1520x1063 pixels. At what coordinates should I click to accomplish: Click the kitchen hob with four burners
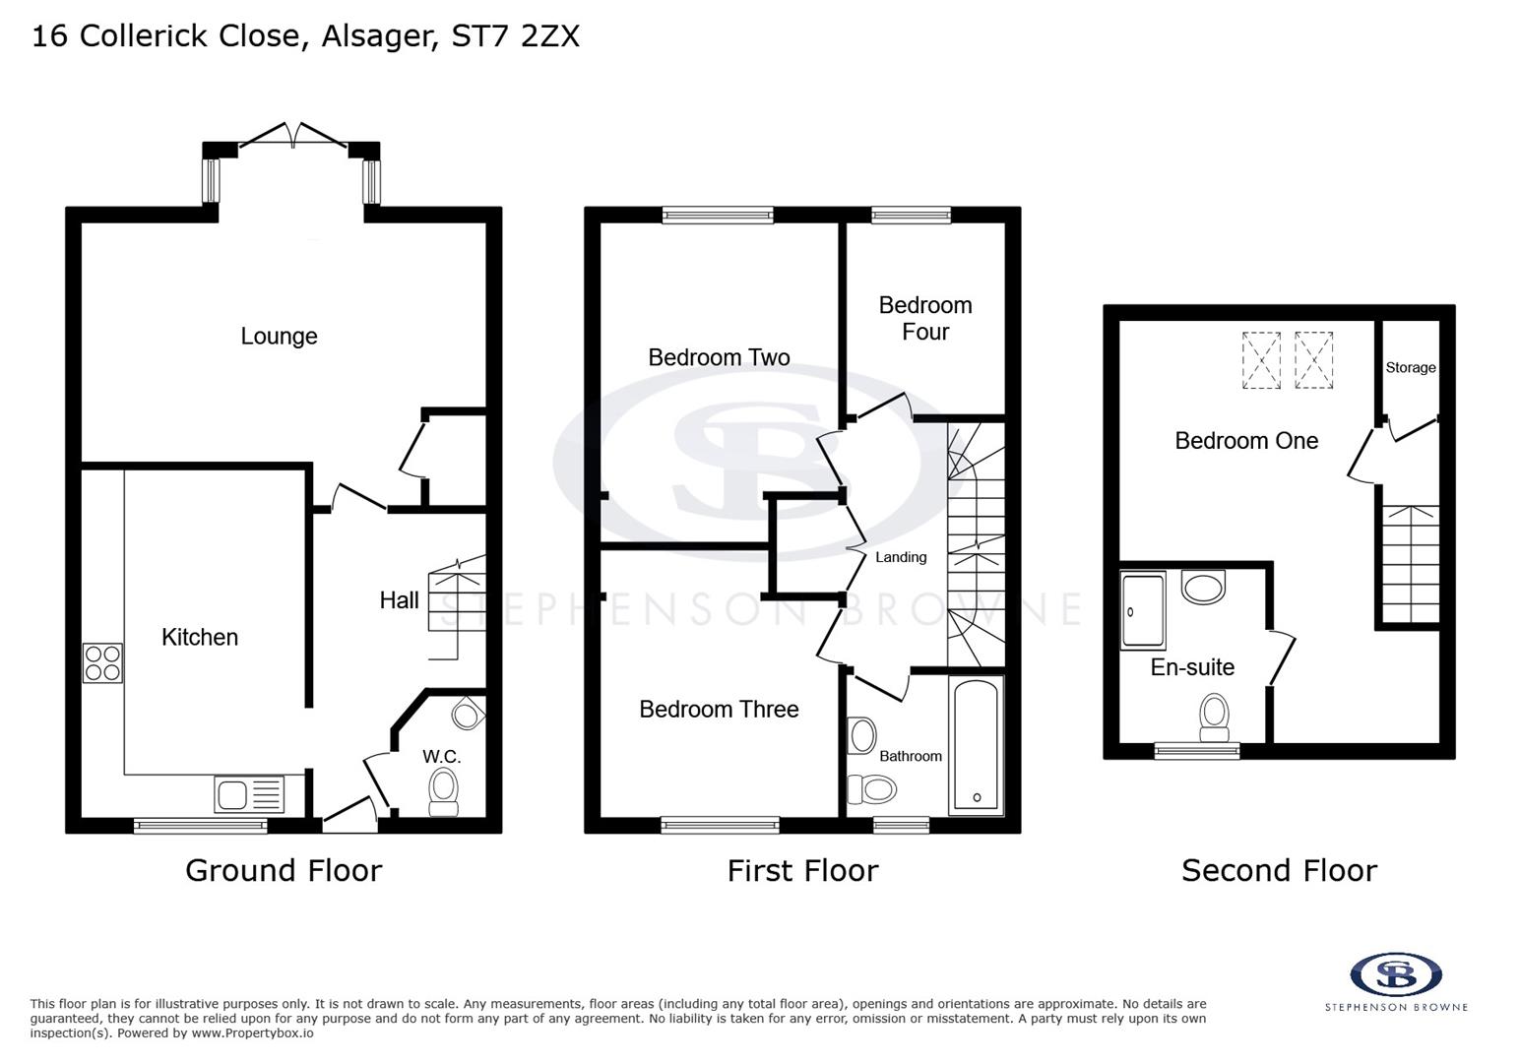(102, 662)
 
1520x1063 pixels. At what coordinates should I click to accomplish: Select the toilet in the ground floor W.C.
(444, 791)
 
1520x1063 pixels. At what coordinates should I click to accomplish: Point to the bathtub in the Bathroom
(976, 745)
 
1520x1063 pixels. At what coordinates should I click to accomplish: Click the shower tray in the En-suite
(1142, 611)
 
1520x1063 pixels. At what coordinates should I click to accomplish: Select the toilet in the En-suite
(1214, 717)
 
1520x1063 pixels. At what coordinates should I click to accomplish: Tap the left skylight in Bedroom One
(1261, 361)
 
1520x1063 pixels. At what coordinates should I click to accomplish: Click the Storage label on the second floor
(1410, 367)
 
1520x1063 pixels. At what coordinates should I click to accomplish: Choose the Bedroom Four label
(925, 318)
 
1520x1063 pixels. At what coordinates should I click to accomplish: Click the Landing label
(901, 557)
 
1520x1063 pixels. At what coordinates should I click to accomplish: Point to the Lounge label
(279, 337)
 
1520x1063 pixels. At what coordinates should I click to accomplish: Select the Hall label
(399, 600)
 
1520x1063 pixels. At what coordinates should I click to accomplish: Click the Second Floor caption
(1278, 870)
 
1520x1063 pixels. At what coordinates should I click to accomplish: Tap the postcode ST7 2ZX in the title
(515, 35)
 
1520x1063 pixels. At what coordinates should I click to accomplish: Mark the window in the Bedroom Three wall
(720, 825)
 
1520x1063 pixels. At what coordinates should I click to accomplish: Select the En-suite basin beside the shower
(1203, 588)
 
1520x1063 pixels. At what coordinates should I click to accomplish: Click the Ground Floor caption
(284, 870)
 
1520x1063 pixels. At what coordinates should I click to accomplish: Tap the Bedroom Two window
(718, 215)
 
